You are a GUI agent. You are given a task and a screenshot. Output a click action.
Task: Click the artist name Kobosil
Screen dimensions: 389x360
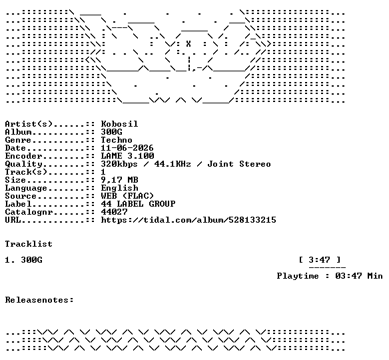coord(119,123)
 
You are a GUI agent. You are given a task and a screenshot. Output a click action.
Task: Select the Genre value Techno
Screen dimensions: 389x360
coord(117,140)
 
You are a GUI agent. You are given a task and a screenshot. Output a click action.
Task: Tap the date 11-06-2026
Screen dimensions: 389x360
coord(127,148)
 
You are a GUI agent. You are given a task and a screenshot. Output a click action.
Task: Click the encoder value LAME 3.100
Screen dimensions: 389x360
coord(127,156)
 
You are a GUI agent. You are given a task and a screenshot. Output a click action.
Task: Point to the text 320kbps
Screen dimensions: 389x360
coord(119,164)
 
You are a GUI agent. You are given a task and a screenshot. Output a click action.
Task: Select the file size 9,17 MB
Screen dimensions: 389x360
coord(119,180)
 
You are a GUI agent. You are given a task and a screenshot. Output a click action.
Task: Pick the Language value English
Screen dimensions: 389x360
coord(119,188)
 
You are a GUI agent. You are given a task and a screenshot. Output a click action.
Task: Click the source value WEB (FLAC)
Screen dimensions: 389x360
coord(127,196)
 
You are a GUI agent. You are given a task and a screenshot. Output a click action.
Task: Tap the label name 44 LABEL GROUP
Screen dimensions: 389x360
coord(138,204)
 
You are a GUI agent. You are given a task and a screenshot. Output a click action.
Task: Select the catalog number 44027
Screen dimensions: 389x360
coord(114,212)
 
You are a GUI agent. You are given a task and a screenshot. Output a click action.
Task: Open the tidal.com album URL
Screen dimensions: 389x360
coord(189,220)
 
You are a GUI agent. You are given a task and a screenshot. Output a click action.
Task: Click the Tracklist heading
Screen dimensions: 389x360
coord(29,244)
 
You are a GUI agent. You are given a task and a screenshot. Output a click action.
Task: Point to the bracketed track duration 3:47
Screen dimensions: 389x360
coord(320,260)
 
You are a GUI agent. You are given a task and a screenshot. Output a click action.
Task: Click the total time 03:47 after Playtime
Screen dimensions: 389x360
coord(348,276)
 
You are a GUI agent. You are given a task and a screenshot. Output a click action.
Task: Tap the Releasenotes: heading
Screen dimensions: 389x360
coord(39,300)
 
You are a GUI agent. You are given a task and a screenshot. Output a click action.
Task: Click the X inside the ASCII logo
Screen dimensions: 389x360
coord(189,44)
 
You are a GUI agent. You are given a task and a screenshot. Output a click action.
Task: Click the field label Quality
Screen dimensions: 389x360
coord(23,164)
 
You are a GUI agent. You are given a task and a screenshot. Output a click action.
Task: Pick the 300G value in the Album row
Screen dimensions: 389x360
coord(111,132)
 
